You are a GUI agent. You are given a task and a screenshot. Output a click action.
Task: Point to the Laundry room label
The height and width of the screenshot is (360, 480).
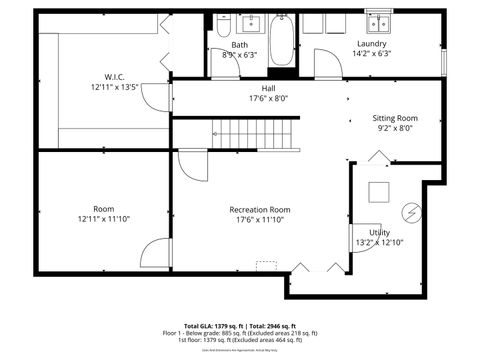pos(372,44)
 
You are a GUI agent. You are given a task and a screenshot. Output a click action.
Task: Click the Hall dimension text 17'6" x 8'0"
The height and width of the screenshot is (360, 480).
pos(268,98)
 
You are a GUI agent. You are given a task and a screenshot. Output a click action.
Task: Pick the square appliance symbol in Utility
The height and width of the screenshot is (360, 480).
pos(379,192)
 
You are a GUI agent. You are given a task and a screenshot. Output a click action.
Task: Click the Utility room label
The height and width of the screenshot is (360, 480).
pos(379,232)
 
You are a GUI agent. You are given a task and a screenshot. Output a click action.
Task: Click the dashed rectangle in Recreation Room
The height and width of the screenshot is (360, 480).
pos(266,265)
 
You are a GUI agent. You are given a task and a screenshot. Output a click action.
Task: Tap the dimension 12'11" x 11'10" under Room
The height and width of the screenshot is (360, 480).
pos(103,219)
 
